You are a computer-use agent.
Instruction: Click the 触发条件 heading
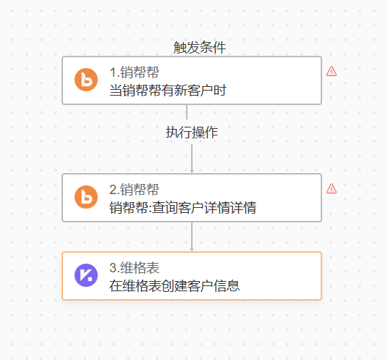200,47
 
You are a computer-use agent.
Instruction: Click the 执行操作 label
192,133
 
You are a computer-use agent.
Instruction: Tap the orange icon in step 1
86,80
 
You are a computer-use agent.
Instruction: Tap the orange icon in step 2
86,197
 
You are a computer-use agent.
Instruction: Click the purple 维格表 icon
86,275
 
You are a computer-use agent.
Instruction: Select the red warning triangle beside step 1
332,71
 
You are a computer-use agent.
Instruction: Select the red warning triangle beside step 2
332,188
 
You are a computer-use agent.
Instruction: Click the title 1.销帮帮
134,72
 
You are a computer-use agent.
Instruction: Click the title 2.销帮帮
134,190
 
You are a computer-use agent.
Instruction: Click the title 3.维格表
135,268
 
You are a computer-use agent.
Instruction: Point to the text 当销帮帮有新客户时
168,90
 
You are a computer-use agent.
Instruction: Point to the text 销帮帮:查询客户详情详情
183,207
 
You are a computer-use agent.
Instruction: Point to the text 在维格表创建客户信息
174,285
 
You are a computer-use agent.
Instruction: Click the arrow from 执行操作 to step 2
192,159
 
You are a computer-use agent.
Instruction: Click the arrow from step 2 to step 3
192,236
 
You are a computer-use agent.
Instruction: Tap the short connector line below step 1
187,112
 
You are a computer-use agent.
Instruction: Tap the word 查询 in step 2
164,207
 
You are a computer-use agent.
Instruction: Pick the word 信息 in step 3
227,285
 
